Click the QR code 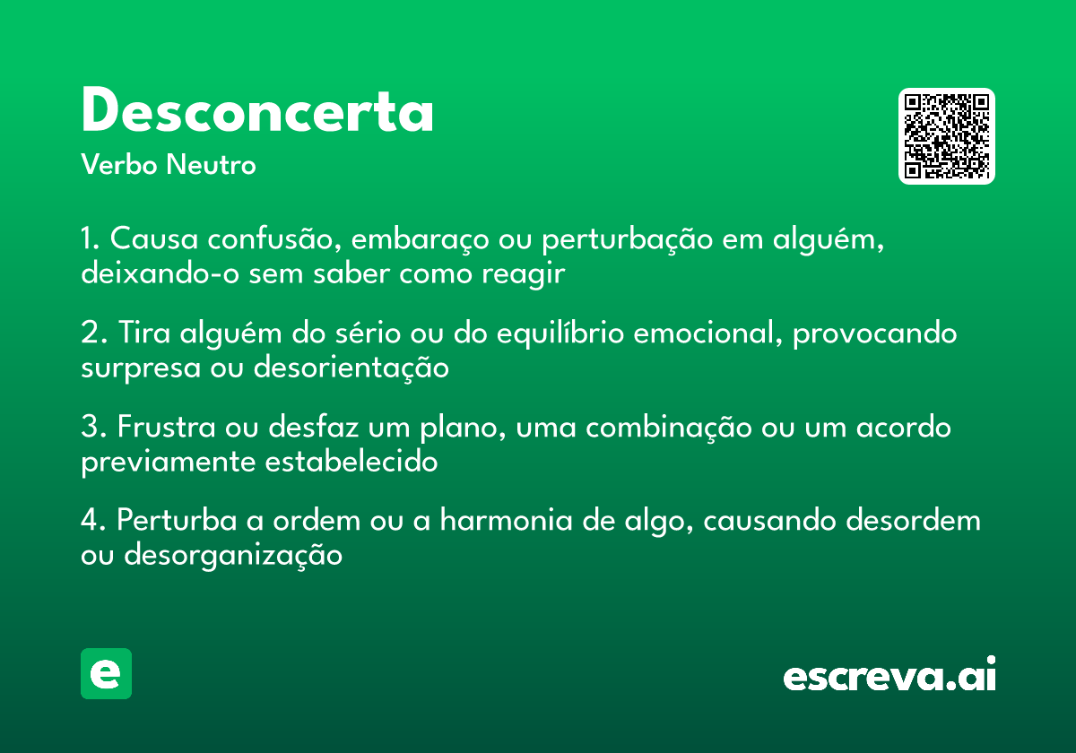(947, 136)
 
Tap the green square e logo (106, 673)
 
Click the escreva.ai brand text (889, 676)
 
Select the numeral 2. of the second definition (91, 333)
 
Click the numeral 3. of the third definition (91, 428)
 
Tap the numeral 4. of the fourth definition (92, 521)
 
